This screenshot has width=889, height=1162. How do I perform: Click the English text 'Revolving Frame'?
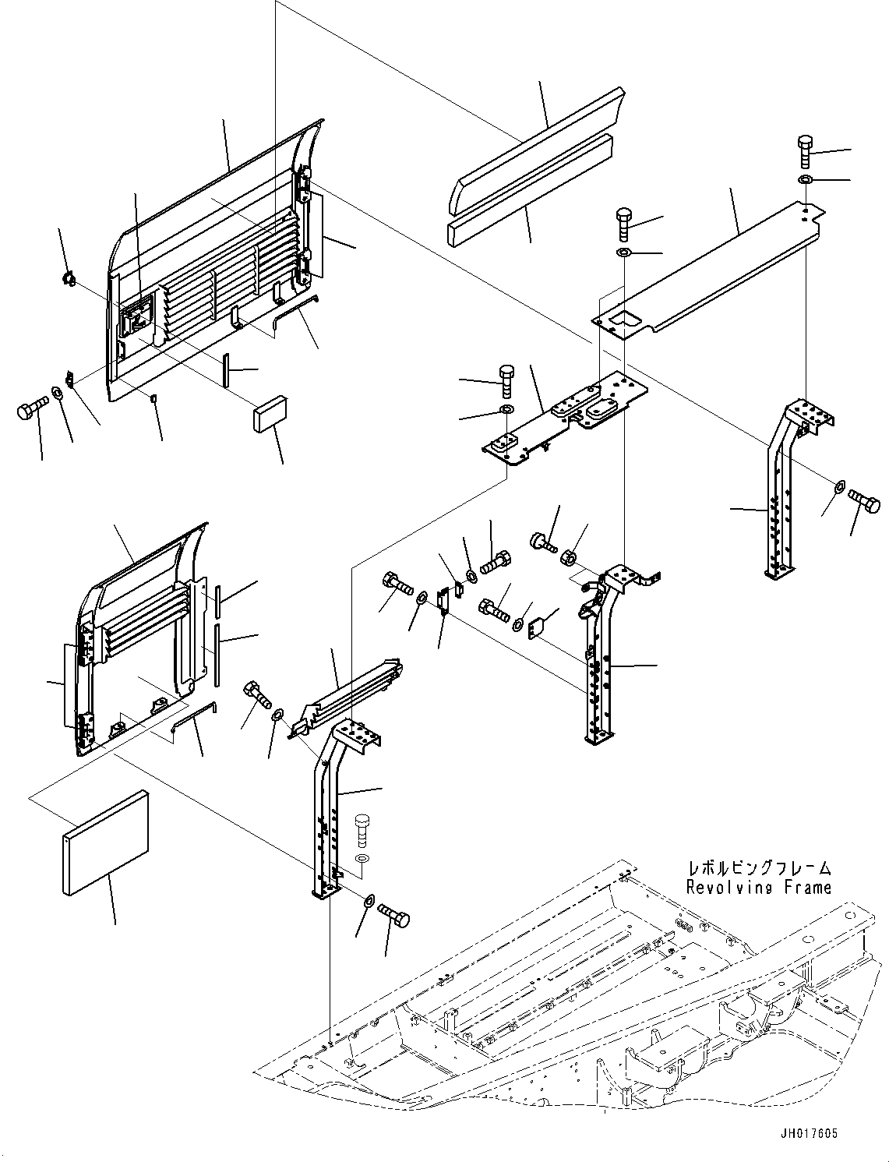[x=758, y=887]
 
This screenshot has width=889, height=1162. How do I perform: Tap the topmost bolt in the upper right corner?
[x=806, y=151]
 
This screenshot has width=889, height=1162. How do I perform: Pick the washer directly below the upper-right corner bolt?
[x=805, y=181]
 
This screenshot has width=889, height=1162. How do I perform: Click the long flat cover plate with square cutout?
[x=705, y=269]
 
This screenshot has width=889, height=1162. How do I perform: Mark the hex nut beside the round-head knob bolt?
[x=569, y=557]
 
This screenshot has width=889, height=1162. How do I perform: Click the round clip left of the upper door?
[x=69, y=277]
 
